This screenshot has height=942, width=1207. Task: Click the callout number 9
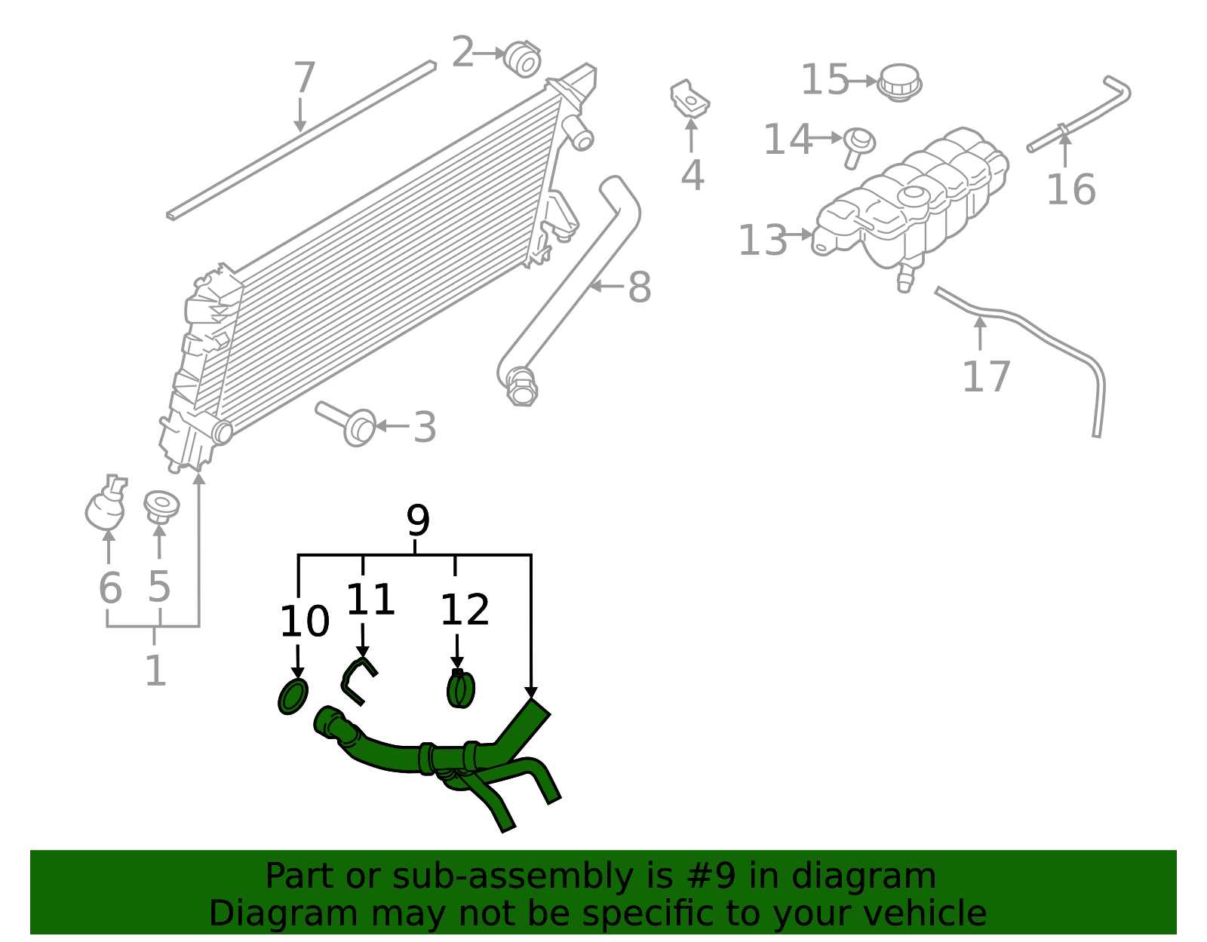coord(417,520)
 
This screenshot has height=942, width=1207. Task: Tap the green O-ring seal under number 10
coord(293,695)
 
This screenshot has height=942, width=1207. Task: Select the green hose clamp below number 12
coord(460,689)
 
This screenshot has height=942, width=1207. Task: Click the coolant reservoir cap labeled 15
coord(899,81)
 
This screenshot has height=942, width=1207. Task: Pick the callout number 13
coord(762,241)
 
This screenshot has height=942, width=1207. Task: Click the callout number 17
coord(985,376)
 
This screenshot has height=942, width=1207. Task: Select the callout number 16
coord(1070,189)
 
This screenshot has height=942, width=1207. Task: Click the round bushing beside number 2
coord(522,59)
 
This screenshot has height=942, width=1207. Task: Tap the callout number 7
coord(304,78)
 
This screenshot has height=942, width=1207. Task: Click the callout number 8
coord(639,287)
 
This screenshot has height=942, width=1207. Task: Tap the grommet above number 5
coord(161,505)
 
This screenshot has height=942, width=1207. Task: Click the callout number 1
coord(155,670)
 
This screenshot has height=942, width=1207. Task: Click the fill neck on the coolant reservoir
coord(914,196)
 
